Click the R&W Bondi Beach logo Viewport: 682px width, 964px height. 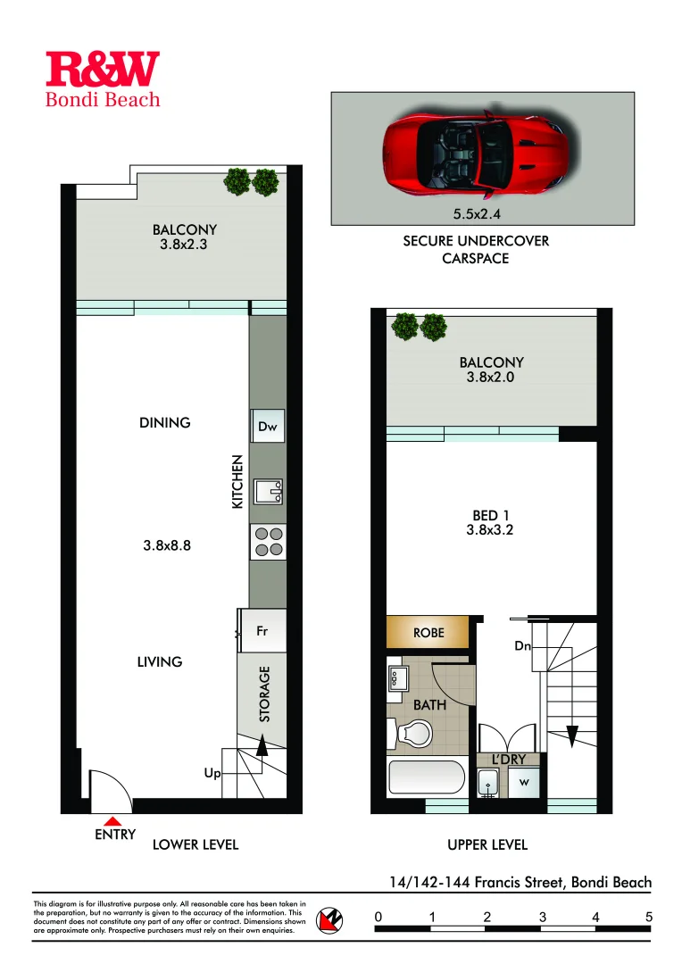pos(103,79)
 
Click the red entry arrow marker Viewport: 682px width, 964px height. pos(112,819)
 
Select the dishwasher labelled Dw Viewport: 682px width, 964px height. pos(268,427)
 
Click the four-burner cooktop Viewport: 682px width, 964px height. pos(268,542)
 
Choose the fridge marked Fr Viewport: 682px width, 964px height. pos(262,631)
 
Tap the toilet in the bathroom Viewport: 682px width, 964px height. pos(412,731)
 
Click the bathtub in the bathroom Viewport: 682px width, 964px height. pos(426,778)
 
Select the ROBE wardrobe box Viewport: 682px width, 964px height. pos(428,633)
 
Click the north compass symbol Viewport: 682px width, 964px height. pos(331,919)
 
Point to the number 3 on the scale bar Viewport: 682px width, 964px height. pos(542,917)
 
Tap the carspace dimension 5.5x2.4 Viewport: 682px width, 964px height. pos(481,214)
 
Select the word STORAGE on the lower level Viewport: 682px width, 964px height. pos(264,694)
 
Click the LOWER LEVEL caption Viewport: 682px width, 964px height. pos(195,844)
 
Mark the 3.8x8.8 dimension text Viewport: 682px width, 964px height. pos(167,546)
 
